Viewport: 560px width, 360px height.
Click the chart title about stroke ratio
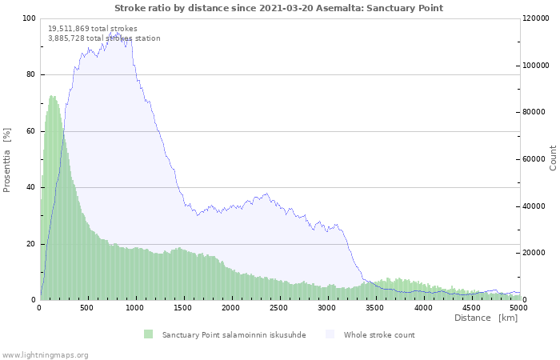(278, 8)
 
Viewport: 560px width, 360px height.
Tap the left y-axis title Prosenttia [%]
(7, 159)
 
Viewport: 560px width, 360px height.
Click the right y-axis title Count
(553, 158)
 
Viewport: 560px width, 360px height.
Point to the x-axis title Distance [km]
(486, 318)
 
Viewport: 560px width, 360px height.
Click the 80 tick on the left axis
(31, 75)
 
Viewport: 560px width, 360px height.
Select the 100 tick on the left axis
(29, 18)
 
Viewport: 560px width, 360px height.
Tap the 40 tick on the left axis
(31, 188)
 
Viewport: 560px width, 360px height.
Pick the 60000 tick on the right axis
(534, 159)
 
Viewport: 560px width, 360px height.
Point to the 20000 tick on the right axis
(534, 254)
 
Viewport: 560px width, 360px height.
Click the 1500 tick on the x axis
(183, 307)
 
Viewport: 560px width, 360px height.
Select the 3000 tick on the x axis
(327, 307)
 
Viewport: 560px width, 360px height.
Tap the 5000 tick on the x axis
(519, 307)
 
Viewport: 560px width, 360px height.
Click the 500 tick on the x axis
(87, 307)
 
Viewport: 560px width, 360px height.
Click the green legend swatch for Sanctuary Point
(148, 334)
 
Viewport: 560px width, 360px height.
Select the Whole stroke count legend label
(379, 334)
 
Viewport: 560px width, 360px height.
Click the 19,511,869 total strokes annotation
(92, 29)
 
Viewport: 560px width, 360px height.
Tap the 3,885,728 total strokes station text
(104, 38)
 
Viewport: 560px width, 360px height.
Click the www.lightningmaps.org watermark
(45, 354)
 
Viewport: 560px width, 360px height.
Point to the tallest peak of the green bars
(52, 97)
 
